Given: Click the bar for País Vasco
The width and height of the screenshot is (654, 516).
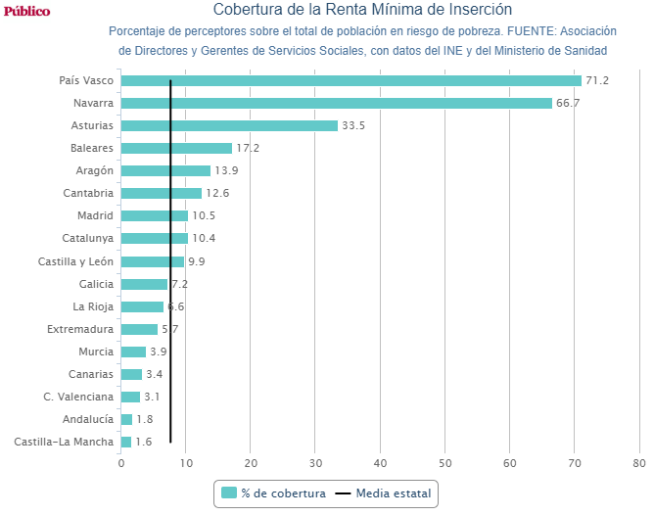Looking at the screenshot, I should (350, 80).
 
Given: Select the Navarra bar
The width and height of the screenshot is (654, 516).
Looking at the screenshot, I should (336, 103).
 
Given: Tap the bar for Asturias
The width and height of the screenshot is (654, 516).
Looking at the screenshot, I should (229, 125).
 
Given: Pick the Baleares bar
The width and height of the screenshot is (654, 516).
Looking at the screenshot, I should (176, 148).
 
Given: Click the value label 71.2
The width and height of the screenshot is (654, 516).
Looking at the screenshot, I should (597, 80).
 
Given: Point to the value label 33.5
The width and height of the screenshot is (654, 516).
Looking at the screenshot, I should (353, 125).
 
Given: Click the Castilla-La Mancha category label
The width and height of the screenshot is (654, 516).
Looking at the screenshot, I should (64, 442).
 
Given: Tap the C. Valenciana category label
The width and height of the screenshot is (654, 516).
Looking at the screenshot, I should (78, 397).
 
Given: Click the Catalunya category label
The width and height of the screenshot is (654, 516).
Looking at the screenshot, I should (88, 238).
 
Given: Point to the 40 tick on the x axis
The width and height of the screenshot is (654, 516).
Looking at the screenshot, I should (380, 463).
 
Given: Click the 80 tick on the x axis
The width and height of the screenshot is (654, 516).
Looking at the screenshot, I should (639, 463).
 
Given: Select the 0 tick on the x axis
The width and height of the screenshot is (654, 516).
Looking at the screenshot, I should (121, 463).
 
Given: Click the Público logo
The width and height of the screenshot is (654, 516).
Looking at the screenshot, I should (27, 11).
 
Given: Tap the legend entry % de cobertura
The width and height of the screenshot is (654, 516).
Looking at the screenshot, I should (273, 493).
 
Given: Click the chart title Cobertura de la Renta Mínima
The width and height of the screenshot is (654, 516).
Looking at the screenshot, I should (362, 11).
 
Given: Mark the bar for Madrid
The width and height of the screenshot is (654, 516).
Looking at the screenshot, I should (154, 215).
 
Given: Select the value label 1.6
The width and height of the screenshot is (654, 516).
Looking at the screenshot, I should (144, 442).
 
